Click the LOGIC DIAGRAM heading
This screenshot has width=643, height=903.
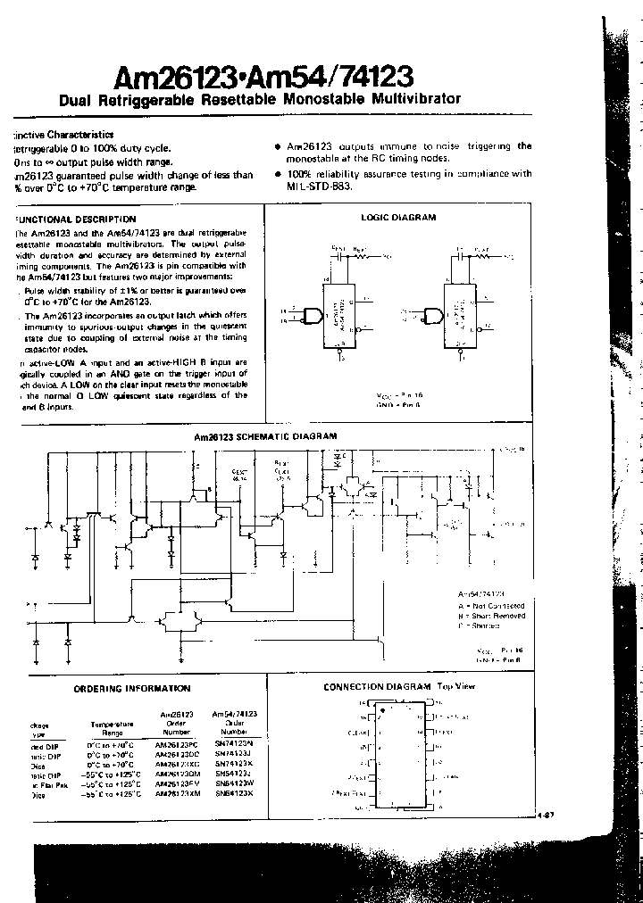398,217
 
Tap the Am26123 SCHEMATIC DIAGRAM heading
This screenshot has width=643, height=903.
266,436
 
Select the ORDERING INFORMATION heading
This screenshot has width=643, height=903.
131,688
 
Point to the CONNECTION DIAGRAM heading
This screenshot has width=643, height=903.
377,686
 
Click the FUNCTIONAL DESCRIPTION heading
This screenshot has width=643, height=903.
77,219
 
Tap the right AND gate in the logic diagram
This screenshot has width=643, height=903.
435,316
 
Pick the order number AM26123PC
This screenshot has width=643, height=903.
176,743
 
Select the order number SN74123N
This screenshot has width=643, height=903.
233,743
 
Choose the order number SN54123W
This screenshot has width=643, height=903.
233,783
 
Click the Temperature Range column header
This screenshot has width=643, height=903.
112,728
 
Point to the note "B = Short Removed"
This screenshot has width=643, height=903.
491,616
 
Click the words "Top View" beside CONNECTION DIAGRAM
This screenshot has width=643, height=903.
456,686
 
